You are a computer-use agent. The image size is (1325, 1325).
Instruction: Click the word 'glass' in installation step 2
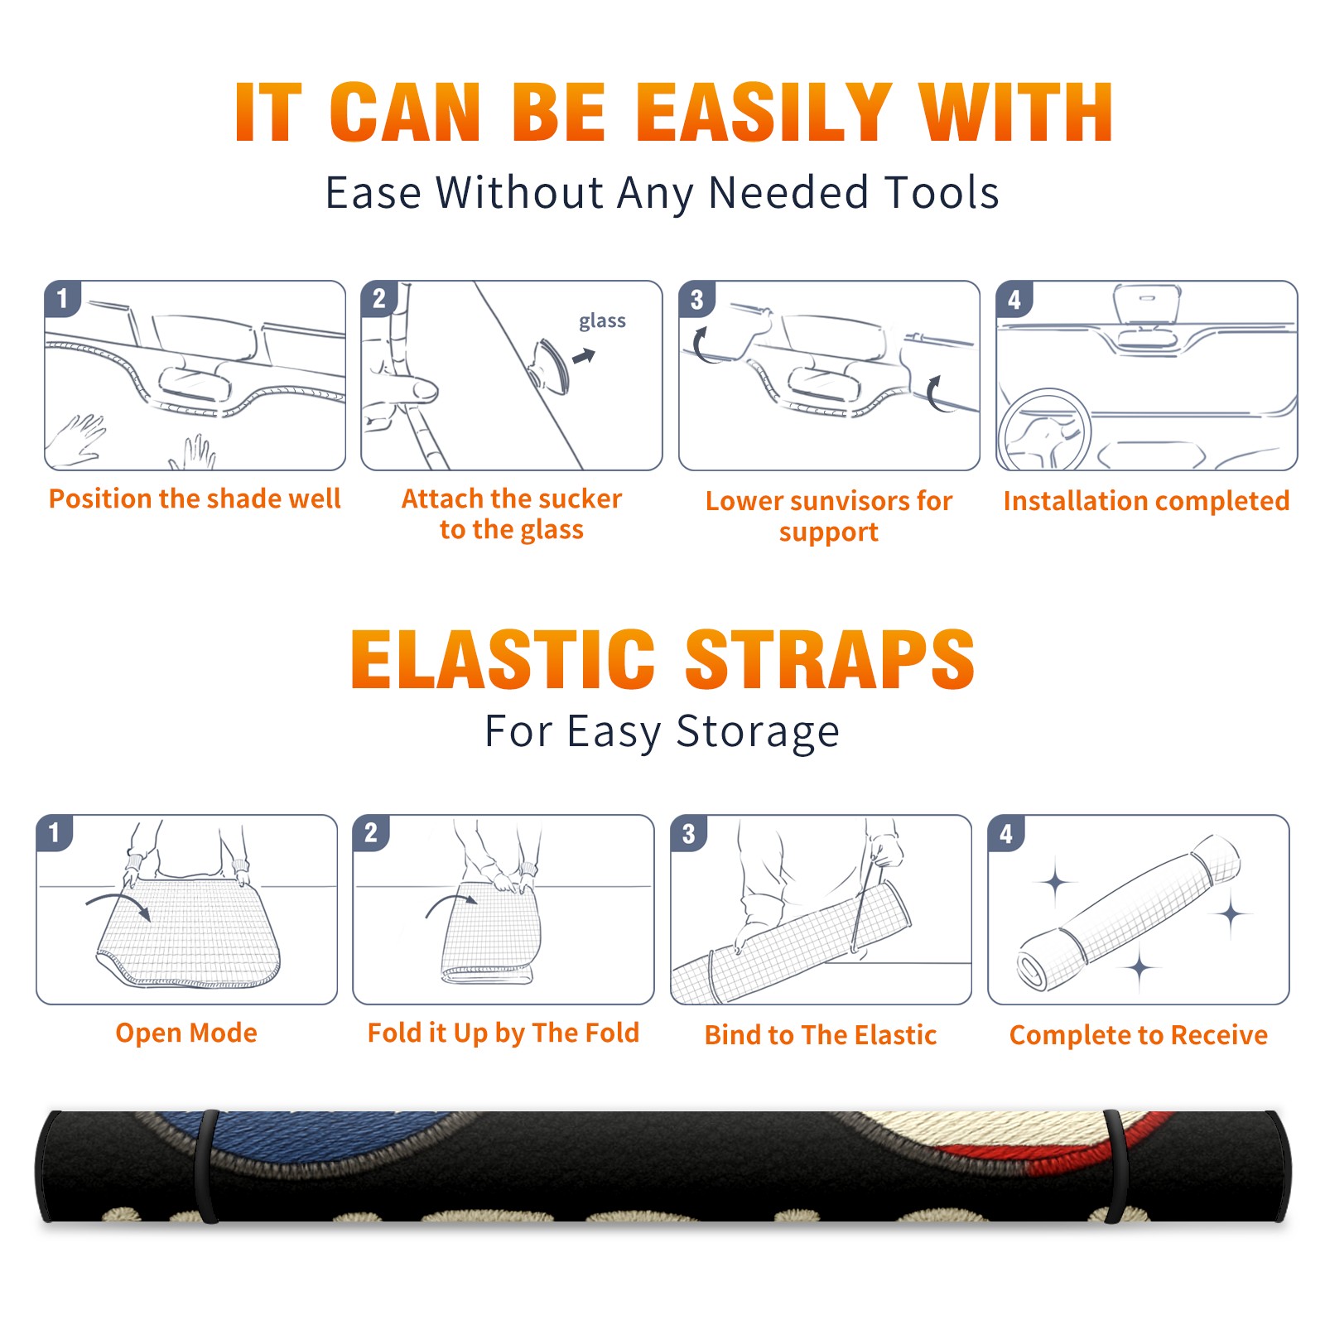tap(602, 321)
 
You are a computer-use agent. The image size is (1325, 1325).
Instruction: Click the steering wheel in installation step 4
tap(1044, 430)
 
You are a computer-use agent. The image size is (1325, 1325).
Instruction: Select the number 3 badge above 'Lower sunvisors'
tap(697, 299)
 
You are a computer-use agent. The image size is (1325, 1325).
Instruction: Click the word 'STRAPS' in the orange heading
tap(830, 659)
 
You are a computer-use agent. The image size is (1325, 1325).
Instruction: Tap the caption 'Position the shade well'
tap(195, 499)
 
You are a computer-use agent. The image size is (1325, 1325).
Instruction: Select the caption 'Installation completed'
tap(1147, 501)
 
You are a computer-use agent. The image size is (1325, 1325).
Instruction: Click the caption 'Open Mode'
tap(186, 1033)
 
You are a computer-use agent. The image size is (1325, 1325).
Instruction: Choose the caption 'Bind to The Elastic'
tap(821, 1035)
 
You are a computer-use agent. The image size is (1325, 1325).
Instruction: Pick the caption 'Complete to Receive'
tap(1139, 1036)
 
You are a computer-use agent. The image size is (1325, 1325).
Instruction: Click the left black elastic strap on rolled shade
tap(206, 1166)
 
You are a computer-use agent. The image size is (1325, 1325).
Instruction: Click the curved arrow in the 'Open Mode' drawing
tap(118, 903)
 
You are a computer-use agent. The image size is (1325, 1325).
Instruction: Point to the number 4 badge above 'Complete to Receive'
tap(1006, 833)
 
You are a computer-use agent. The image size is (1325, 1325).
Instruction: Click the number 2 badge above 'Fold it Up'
tap(371, 833)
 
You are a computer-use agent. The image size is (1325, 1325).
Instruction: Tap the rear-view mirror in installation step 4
tap(1147, 304)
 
